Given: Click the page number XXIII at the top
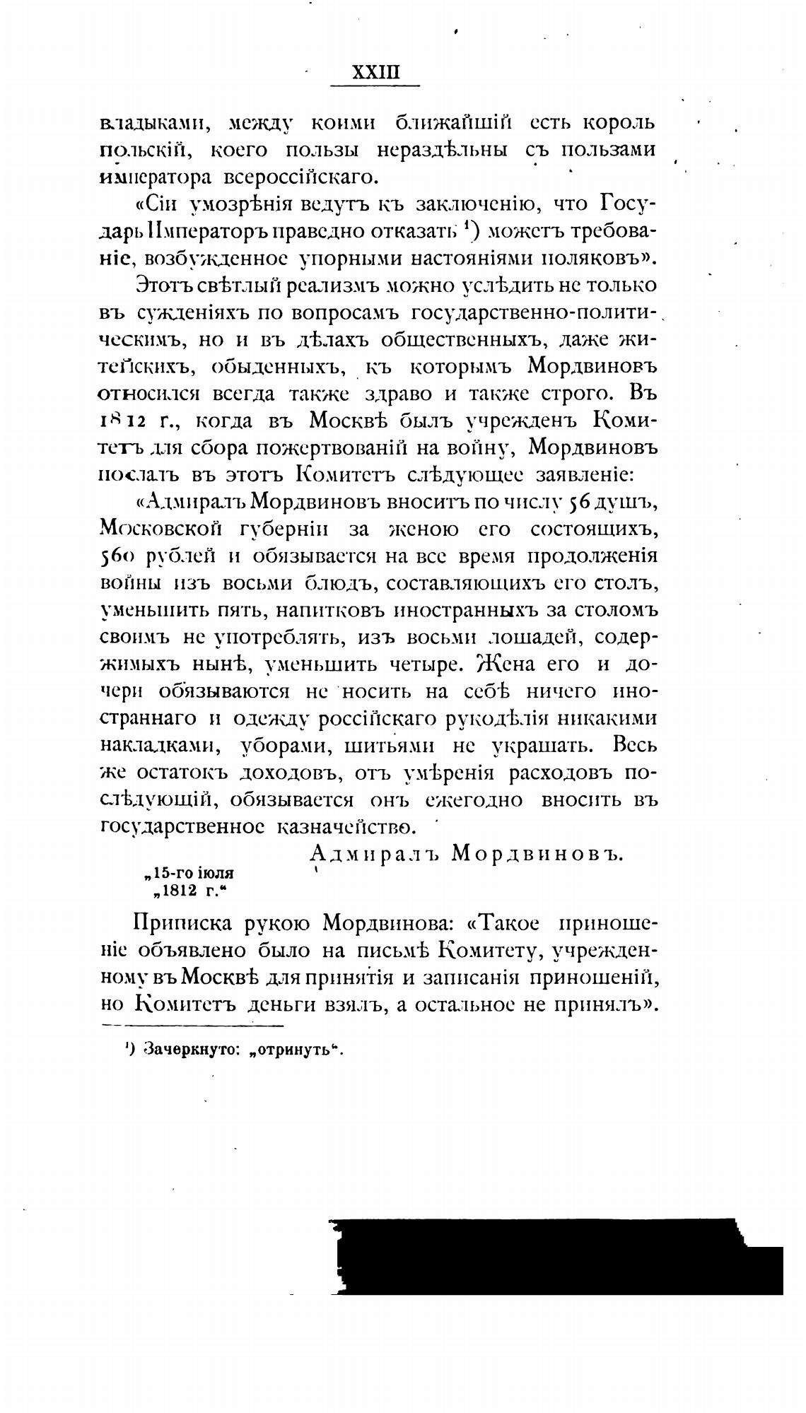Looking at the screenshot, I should point(376,74).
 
